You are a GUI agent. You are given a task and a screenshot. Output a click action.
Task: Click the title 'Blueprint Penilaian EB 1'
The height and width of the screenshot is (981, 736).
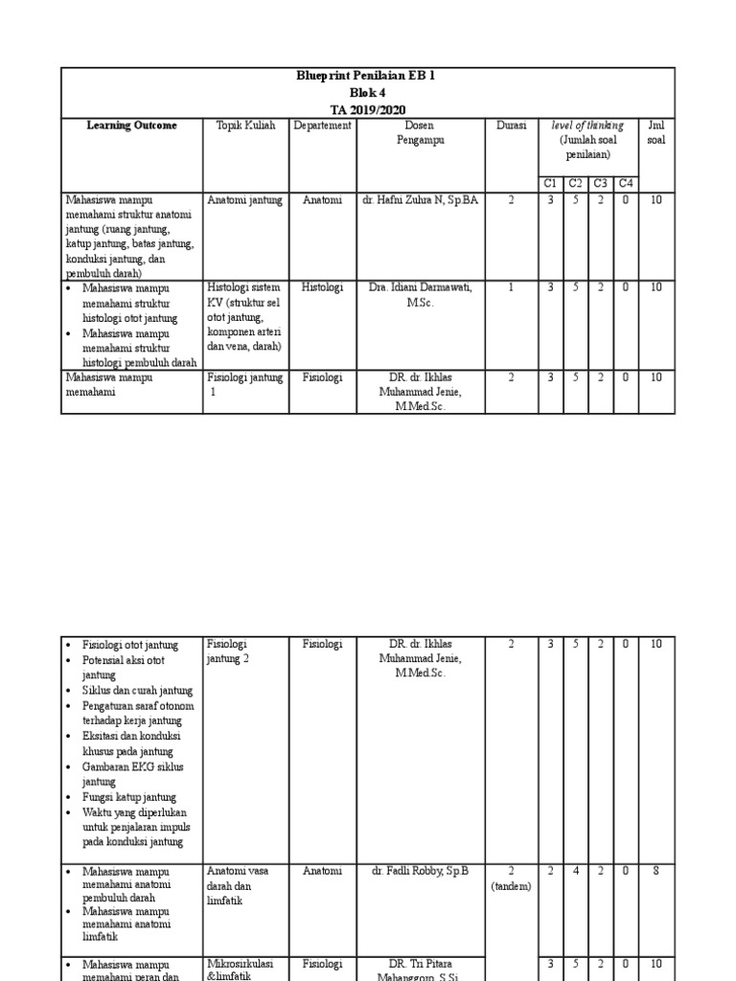pyautogui.click(x=368, y=76)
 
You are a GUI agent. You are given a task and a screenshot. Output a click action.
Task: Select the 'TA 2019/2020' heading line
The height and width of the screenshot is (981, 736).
pyautogui.click(x=368, y=109)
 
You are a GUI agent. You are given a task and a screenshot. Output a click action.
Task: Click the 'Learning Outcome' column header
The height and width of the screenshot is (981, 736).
pyautogui.click(x=131, y=125)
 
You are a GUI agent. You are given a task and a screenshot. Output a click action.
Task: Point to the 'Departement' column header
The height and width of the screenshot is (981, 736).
pyautogui.click(x=322, y=125)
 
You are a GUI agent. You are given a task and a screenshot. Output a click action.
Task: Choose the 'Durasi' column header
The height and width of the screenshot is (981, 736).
pyautogui.click(x=511, y=125)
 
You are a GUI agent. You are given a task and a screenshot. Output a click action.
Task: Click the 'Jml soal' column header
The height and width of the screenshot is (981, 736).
pyautogui.click(x=655, y=132)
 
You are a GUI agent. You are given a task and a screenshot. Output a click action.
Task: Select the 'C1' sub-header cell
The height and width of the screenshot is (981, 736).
pyautogui.click(x=550, y=183)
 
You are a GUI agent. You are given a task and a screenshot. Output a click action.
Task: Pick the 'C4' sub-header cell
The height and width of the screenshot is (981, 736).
pyautogui.click(x=625, y=183)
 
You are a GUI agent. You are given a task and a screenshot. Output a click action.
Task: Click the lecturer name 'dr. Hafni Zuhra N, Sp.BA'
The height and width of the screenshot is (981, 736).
pyautogui.click(x=420, y=200)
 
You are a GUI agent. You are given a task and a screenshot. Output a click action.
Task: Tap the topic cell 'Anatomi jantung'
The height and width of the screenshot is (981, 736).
pyautogui.click(x=244, y=200)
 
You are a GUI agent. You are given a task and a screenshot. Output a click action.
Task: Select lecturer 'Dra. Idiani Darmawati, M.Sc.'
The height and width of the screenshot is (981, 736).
pyautogui.click(x=420, y=294)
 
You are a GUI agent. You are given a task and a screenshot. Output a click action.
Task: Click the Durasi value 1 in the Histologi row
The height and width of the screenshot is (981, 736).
pyautogui.click(x=511, y=287)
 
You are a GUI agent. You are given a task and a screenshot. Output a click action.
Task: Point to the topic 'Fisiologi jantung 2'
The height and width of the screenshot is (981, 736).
pyautogui.click(x=228, y=651)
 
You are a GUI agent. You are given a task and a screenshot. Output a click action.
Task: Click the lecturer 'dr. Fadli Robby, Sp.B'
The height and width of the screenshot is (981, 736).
pyautogui.click(x=420, y=871)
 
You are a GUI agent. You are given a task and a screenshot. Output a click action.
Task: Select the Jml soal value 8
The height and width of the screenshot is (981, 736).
pyautogui.click(x=655, y=871)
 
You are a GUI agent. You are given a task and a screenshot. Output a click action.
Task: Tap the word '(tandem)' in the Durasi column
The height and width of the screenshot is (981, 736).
pyautogui.click(x=511, y=886)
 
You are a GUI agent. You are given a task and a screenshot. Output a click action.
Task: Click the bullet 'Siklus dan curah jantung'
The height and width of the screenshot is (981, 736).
pyautogui.click(x=137, y=690)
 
